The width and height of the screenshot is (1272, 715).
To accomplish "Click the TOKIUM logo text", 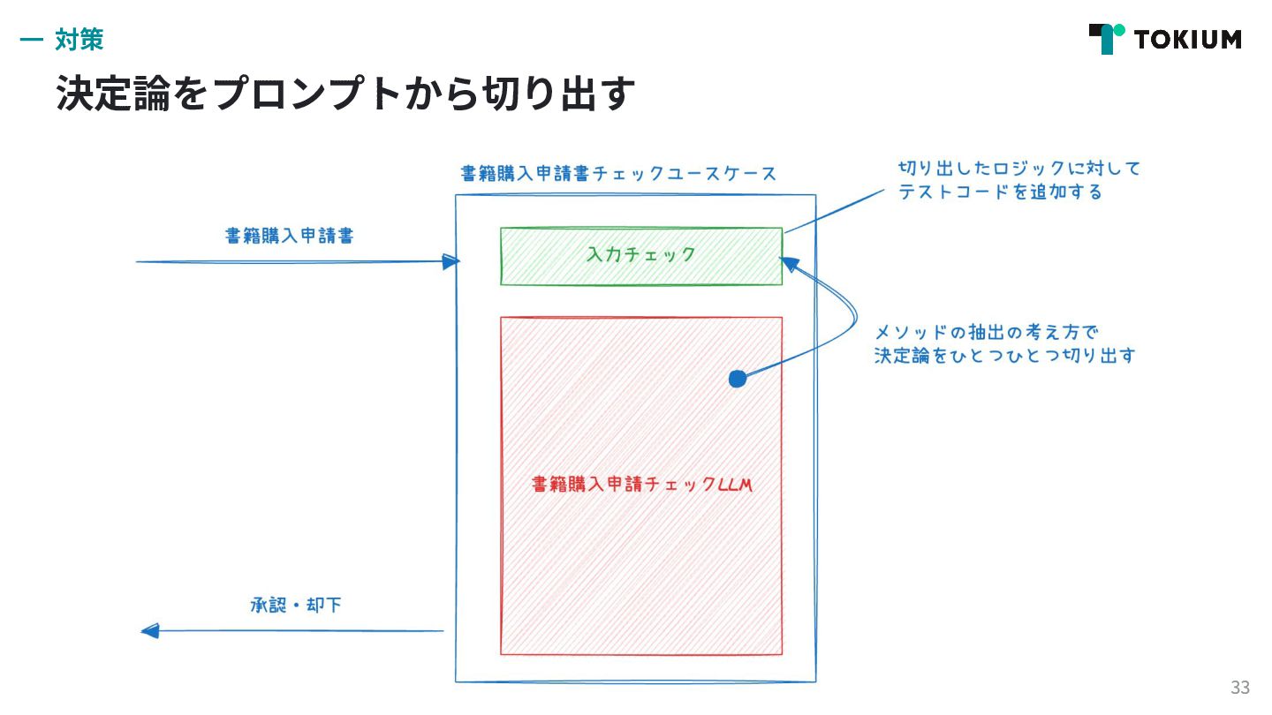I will click(x=1187, y=40).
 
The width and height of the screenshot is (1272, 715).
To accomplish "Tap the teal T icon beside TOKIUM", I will click(x=1107, y=38).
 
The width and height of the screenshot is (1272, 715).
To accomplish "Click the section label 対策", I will click(x=79, y=39).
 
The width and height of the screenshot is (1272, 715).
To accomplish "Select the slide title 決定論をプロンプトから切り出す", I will click(x=345, y=93).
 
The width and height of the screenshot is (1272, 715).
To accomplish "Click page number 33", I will click(x=1239, y=688).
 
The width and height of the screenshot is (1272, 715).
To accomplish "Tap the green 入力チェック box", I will click(x=640, y=256).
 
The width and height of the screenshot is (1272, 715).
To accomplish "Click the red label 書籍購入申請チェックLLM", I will click(x=641, y=485).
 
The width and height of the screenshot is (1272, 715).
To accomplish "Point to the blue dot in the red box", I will click(x=737, y=379).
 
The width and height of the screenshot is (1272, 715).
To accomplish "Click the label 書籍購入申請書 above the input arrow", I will click(x=290, y=236).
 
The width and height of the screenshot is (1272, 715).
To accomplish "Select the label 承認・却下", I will click(x=295, y=606).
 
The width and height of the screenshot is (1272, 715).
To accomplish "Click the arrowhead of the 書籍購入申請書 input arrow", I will click(x=451, y=261).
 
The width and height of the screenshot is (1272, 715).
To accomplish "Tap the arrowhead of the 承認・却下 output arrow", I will click(x=150, y=630).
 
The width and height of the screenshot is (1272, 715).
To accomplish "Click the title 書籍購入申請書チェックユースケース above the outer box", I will click(x=618, y=173).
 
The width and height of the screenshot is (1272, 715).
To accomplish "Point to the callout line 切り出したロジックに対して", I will click(x=1019, y=168).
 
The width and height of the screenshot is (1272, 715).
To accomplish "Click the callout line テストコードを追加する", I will click(x=1000, y=192).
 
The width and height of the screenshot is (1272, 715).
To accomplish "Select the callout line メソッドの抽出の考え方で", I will click(x=985, y=333).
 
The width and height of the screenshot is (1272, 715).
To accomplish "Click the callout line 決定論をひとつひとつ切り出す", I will click(x=1004, y=357).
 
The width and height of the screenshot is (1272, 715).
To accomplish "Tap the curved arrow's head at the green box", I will click(x=789, y=263).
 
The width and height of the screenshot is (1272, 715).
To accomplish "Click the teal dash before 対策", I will click(x=31, y=40).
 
